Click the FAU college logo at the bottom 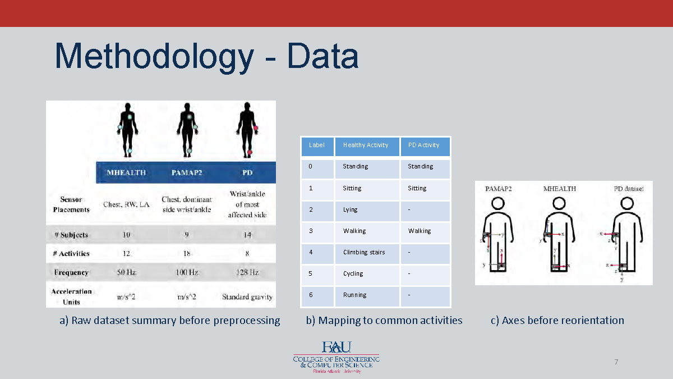coord(336,357)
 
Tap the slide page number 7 coord(616,362)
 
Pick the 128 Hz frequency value coord(247,272)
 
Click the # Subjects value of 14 coord(247,235)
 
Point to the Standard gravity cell coord(247,296)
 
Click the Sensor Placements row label coord(71,204)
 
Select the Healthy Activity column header coord(366,145)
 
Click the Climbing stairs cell coord(364,252)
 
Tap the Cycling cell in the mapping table coord(353,273)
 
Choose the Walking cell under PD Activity coord(419,231)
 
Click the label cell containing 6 coord(311,295)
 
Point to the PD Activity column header coord(423,145)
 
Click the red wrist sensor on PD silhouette coord(256,129)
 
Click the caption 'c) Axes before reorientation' coord(557,320)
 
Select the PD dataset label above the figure coord(628,189)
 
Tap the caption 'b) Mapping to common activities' coord(384,320)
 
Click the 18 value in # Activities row coord(187,253)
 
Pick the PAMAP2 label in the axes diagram coord(498,189)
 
